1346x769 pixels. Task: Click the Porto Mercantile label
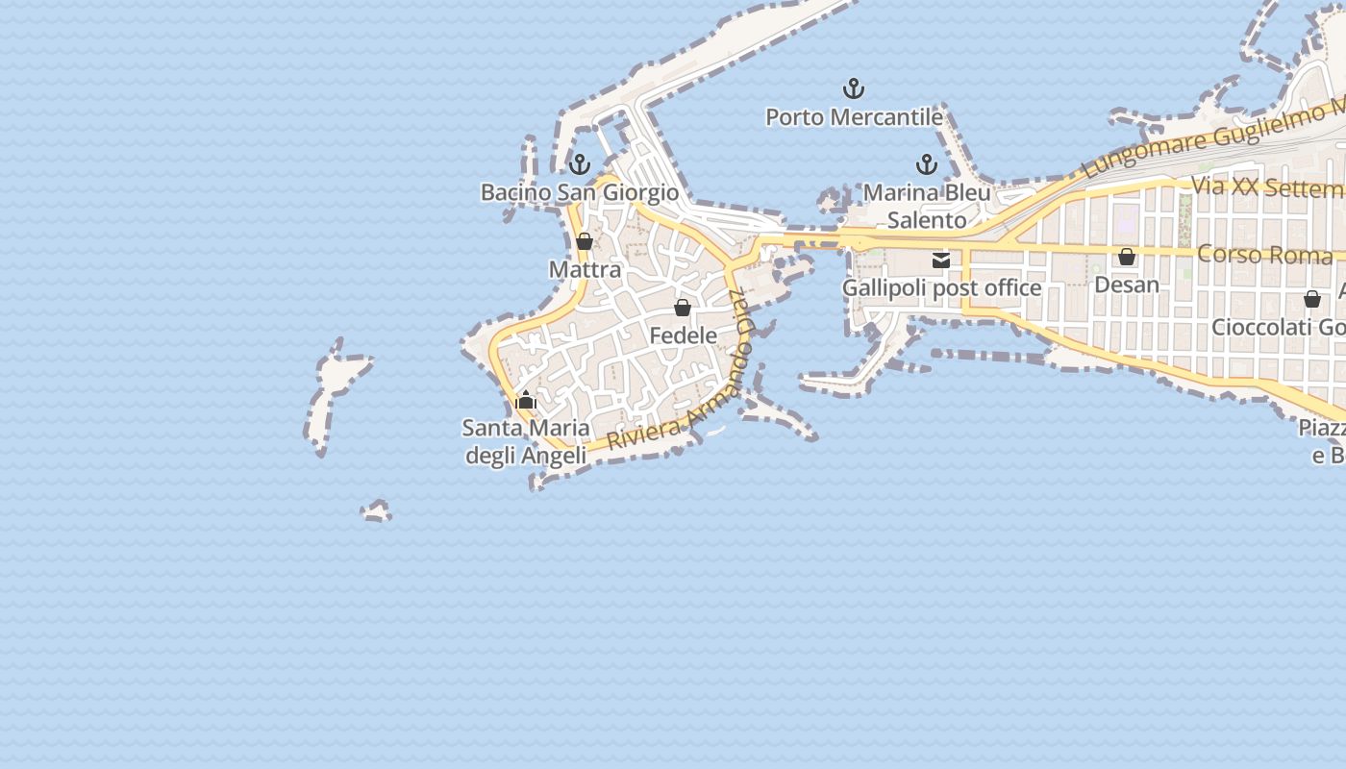854,117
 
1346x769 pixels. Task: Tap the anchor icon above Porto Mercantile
854,89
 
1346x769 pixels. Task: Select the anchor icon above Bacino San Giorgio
579,164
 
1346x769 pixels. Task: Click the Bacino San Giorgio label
580,192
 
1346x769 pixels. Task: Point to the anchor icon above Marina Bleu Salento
927,164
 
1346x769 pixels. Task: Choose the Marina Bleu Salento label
927,206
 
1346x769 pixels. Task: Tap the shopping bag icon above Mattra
585,241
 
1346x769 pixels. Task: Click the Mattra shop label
585,269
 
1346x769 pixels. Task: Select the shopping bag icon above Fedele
683,308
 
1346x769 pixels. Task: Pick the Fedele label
683,335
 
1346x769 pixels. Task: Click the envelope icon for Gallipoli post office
941,260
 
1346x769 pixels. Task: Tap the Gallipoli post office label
941,287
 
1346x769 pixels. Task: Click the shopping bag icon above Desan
1127,257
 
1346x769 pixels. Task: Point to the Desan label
1127,285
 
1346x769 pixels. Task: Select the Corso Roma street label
1265,255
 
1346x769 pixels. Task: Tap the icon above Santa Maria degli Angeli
526,400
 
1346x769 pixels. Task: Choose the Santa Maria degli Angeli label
526,440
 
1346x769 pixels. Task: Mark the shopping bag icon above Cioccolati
1312,299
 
